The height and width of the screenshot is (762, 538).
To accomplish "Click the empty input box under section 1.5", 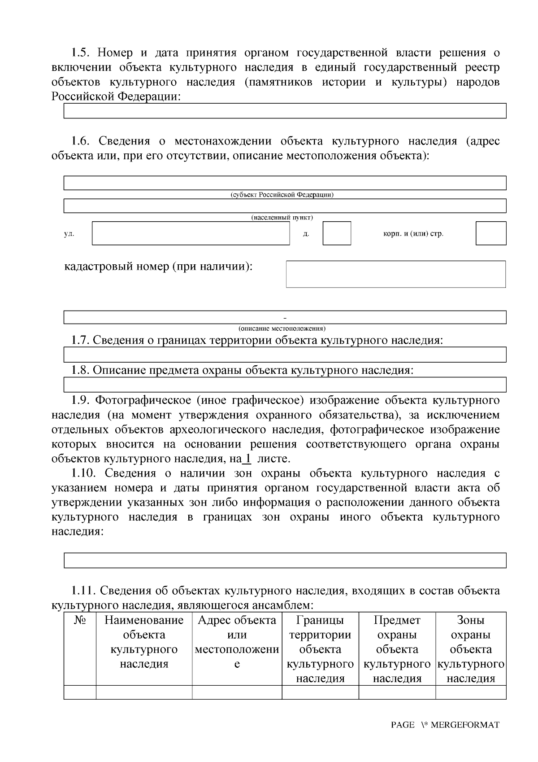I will pos(285,111).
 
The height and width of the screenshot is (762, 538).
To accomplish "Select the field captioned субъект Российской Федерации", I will pos(285,183).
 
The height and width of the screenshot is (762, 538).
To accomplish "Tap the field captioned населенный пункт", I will pos(285,206).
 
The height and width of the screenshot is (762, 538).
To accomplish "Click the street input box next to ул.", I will pos(191,233).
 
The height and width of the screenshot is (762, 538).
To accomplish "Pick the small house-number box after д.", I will pos(337,233).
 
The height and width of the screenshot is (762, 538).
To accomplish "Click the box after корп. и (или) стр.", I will pos(490,233).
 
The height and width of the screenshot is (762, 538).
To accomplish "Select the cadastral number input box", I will pos(395,274).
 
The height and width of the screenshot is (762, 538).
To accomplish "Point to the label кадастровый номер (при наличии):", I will pos(159,267).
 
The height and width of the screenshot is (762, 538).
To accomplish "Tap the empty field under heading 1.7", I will pos(285,355).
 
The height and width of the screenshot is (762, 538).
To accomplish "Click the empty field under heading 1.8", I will pos(285,385).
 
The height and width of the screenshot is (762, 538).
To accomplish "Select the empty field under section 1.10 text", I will pos(285,561).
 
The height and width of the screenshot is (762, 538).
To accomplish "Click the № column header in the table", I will pos(80,621).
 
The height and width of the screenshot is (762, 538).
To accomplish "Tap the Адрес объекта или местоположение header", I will pos(237,642).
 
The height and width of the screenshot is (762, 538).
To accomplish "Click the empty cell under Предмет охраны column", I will pos(397,692).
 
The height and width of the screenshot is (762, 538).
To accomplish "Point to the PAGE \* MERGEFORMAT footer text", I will pos(445,725).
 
